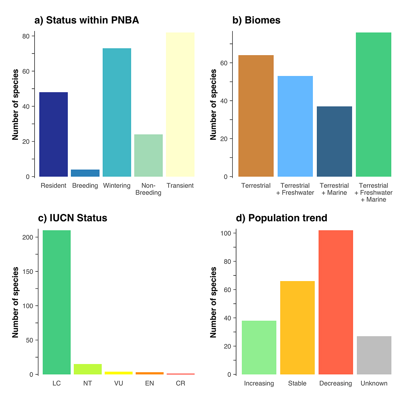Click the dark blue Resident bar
(54, 134)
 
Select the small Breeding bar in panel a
(85, 173)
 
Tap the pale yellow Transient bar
(180, 104)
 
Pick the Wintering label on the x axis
(117, 186)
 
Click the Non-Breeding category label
(148, 189)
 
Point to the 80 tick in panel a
(26, 36)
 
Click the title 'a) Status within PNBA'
(87, 20)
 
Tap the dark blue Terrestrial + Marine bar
(334, 142)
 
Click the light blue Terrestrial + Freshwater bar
(295, 126)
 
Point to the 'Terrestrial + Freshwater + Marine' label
(373, 192)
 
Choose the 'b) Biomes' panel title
(256, 20)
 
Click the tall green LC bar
(57, 302)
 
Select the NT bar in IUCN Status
(87, 369)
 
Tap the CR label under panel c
(181, 383)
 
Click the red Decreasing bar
(336, 302)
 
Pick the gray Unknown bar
(374, 355)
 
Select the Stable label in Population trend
(297, 383)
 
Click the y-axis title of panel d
(213, 302)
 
